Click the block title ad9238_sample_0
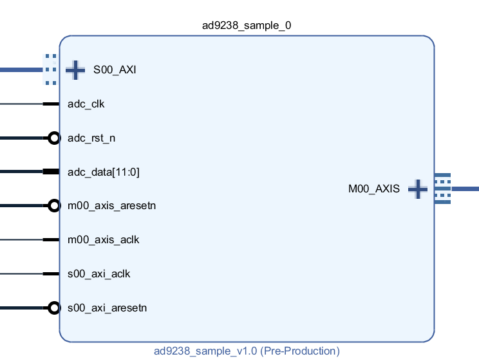pyautogui.click(x=247, y=25)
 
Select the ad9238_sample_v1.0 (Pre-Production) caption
pyautogui.click(x=247, y=351)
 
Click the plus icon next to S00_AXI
pyautogui.click(x=75, y=70)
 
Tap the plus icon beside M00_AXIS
pyautogui.click(x=418, y=189)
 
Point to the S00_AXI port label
pyautogui.click(x=115, y=70)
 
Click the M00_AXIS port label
pyautogui.click(x=373, y=189)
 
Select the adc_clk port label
pyautogui.click(x=86, y=104)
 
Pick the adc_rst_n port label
pyautogui.click(x=91, y=138)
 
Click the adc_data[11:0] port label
pyautogui.click(x=103, y=172)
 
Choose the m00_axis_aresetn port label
pyautogui.click(x=111, y=206)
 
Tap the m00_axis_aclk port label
pyautogui.click(x=103, y=240)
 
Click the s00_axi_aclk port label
pyautogui.click(x=99, y=274)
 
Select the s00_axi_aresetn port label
pyautogui.click(x=107, y=308)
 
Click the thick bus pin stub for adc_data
pyautogui.click(x=51, y=172)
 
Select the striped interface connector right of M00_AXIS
pyautogui.click(x=442, y=189)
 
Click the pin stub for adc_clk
pyautogui.click(x=51, y=104)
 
